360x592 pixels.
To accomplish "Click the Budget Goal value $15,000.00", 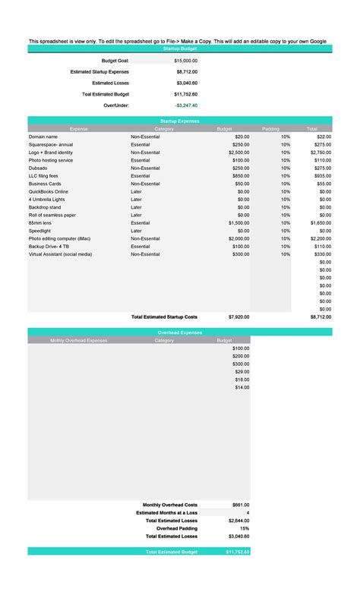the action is [185, 59].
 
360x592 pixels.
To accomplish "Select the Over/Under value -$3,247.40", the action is [185, 105].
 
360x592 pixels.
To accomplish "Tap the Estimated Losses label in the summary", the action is [110, 83].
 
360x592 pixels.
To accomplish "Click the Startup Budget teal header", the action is [180, 48].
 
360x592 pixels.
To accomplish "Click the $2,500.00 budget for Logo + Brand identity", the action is [236, 153].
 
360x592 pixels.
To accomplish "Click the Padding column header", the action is [270, 129].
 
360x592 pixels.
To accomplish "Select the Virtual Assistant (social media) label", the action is [60, 254].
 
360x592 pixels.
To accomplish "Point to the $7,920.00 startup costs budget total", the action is [238, 316].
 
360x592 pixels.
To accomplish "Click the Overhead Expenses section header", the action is [180, 332].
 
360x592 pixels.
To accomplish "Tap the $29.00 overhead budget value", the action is [242, 372].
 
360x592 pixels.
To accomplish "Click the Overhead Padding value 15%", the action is [244, 528].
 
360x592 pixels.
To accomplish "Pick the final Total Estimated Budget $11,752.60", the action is [236, 552].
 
